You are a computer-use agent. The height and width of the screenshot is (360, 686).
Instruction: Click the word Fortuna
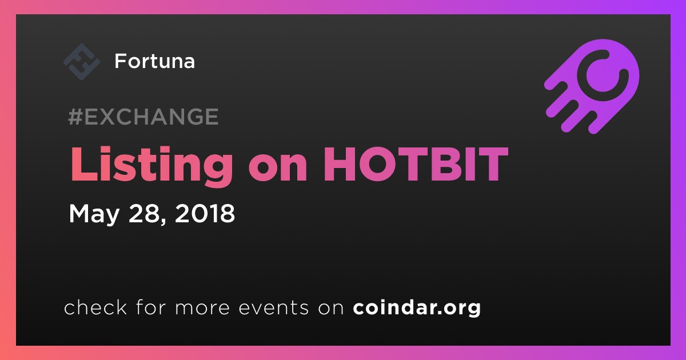155,61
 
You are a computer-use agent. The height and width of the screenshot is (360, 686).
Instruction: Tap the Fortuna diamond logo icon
81,62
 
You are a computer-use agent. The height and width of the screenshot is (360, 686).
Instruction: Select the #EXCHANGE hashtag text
143,117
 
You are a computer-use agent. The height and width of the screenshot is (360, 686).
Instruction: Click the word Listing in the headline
151,165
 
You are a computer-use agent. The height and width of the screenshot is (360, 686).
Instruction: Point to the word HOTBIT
416,164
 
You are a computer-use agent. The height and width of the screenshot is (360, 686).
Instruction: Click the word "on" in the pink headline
278,169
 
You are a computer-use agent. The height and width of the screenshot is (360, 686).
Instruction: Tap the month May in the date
94,214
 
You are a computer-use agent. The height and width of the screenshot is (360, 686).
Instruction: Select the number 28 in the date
143,213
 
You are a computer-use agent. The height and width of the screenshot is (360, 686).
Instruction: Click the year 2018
205,213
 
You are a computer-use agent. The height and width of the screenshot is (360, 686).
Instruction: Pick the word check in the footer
95,307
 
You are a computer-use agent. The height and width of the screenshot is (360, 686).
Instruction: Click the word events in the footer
274,307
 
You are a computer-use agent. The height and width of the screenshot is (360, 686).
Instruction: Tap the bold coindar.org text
417,308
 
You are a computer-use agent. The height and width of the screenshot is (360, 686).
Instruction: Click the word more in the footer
202,309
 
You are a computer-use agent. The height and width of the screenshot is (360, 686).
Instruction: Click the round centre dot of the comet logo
602,75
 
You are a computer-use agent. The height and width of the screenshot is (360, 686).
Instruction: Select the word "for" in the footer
151,307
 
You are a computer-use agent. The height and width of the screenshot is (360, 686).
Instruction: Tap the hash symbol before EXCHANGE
75,117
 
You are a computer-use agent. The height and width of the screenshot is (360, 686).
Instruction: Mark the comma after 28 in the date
162,221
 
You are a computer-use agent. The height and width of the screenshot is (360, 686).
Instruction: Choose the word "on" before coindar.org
331,309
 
